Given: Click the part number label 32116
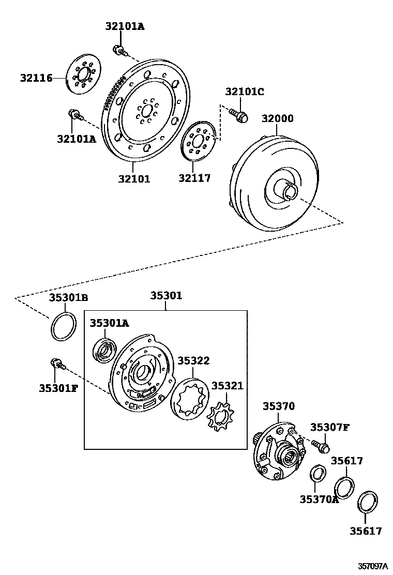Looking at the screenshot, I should pos(36,79).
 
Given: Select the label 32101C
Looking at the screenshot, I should pos(244,92).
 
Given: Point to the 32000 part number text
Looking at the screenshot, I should pos(277,118).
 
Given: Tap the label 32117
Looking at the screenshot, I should pos(194,178).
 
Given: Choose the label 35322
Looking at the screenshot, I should pos(193,360).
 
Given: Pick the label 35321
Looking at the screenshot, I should pos(227,386).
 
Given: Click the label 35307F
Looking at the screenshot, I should pos(329,427).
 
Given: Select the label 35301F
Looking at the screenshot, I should pos(57,388).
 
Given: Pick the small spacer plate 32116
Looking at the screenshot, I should pos(83,77).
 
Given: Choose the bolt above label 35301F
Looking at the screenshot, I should pos(56,364).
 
